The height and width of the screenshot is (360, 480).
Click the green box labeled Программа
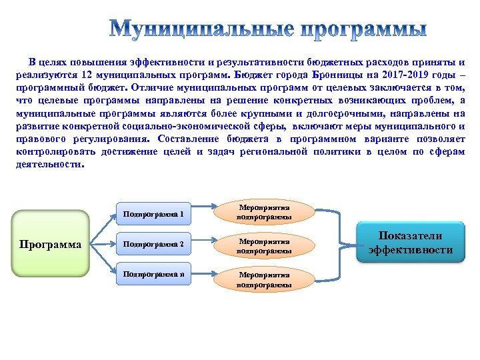pos(51,244)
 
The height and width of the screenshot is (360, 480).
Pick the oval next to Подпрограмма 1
pos(264,212)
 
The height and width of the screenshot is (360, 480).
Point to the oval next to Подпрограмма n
pos(264,278)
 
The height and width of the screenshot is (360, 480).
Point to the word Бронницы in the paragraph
pos(327,75)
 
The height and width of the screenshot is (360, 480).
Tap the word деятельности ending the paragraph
pos(49,164)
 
